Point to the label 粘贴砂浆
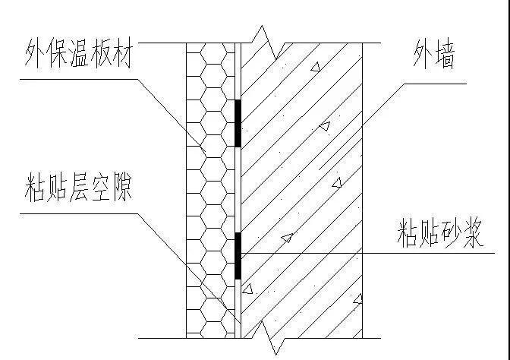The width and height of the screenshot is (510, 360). pyautogui.click(x=440, y=235)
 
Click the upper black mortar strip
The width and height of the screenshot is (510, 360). pyautogui.click(x=238, y=123)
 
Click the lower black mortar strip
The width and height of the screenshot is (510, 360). pyautogui.click(x=238, y=255)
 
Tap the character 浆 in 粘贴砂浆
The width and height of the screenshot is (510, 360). pyautogui.click(x=472, y=235)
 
